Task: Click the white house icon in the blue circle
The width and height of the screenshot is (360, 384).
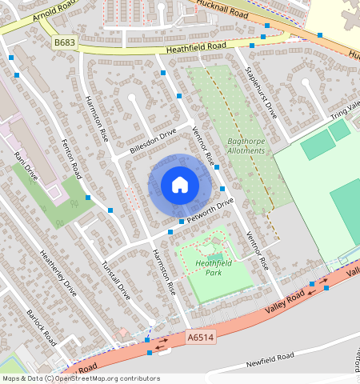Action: pyautogui.click(x=180, y=185)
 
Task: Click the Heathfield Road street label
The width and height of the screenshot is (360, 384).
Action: pyautogui.click(x=196, y=49)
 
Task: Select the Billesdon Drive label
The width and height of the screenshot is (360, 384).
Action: pyautogui.click(x=152, y=142)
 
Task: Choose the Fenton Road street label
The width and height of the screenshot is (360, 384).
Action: pyautogui.click(x=72, y=158)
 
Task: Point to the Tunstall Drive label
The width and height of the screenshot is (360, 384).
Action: pyautogui.click(x=116, y=279)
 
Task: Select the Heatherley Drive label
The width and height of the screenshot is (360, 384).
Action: pyautogui.click(x=58, y=273)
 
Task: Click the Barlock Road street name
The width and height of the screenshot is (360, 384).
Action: pyautogui.click(x=41, y=327)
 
